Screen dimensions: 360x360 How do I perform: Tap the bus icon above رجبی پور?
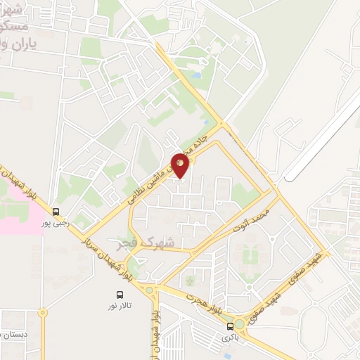[x=56, y=211]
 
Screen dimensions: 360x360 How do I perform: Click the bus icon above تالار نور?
[x=119, y=296]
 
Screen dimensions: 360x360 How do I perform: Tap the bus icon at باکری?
[x=230, y=326]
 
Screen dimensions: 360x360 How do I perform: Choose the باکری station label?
[x=230, y=337]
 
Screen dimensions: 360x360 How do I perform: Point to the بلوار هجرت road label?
[x=204, y=300]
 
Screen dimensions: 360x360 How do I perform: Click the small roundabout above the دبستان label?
[x=43, y=311]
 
